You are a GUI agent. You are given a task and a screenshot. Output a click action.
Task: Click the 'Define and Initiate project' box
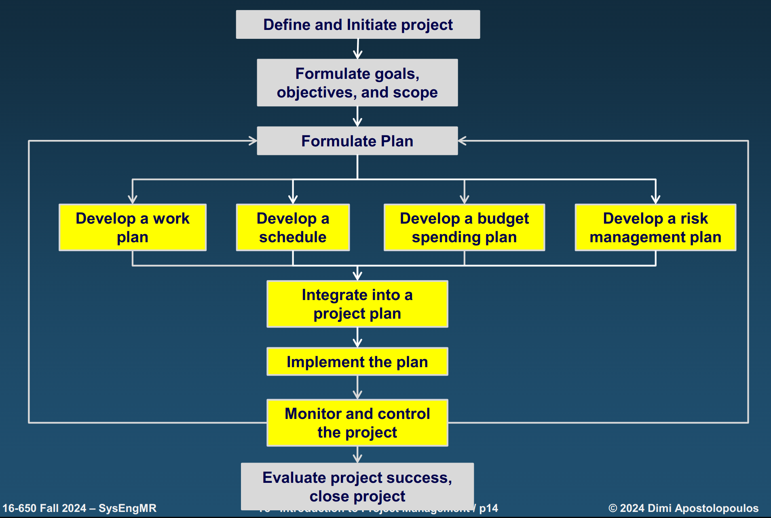(358, 25)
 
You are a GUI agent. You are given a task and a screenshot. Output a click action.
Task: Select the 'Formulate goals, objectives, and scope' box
(357, 83)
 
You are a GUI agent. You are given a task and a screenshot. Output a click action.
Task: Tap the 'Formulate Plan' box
(357, 141)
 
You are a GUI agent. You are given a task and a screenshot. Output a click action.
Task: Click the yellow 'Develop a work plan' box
(133, 228)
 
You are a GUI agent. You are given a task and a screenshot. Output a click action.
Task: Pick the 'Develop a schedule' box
(293, 228)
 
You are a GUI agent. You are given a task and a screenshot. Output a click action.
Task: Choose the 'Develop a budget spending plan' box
(464, 228)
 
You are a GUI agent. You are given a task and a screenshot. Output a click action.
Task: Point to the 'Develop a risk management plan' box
(655, 228)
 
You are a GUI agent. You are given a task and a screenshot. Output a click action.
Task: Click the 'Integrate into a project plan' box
(357, 304)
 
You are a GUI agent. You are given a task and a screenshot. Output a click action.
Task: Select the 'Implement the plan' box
(357, 362)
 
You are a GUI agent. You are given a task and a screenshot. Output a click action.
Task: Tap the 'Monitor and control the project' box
(357, 423)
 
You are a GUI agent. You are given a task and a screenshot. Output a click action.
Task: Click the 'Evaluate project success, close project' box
(357, 486)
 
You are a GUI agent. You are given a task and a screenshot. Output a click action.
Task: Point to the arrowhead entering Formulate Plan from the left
(253, 141)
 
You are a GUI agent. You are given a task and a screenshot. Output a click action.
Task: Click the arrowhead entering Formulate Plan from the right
(462, 141)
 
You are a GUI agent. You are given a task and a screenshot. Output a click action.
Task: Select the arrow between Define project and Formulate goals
(358, 49)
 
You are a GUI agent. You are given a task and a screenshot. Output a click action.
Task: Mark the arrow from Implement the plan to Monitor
(357, 388)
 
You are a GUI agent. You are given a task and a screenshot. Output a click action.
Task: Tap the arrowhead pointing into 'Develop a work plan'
(133, 199)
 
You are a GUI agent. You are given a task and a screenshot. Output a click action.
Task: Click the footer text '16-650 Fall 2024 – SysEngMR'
(79, 508)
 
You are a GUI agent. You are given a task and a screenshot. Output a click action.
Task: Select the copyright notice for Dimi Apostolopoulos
(683, 508)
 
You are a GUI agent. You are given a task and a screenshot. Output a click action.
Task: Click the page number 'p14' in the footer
(488, 508)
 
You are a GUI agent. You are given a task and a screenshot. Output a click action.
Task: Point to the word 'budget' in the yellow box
(503, 218)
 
